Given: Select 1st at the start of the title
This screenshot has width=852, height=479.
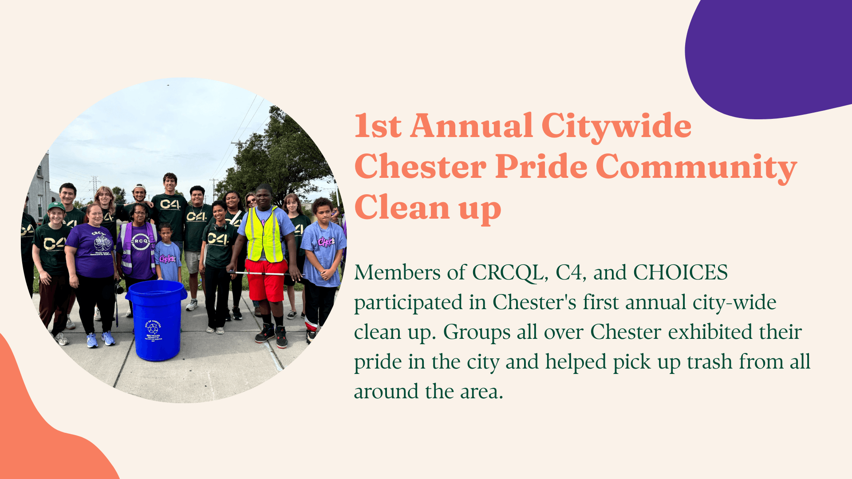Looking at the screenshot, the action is pyautogui.click(x=378, y=126).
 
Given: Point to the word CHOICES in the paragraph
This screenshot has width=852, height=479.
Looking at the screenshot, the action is pyautogui.click(x=681, y=273).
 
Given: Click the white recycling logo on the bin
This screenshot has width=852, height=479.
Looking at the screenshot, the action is pyautogui.click(x=154, y=329).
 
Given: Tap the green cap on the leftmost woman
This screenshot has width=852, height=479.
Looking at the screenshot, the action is pyautogui.click(x=56, y=206).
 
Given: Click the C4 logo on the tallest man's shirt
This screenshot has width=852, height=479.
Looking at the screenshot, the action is pyautogui.click(x=170, y=204).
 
